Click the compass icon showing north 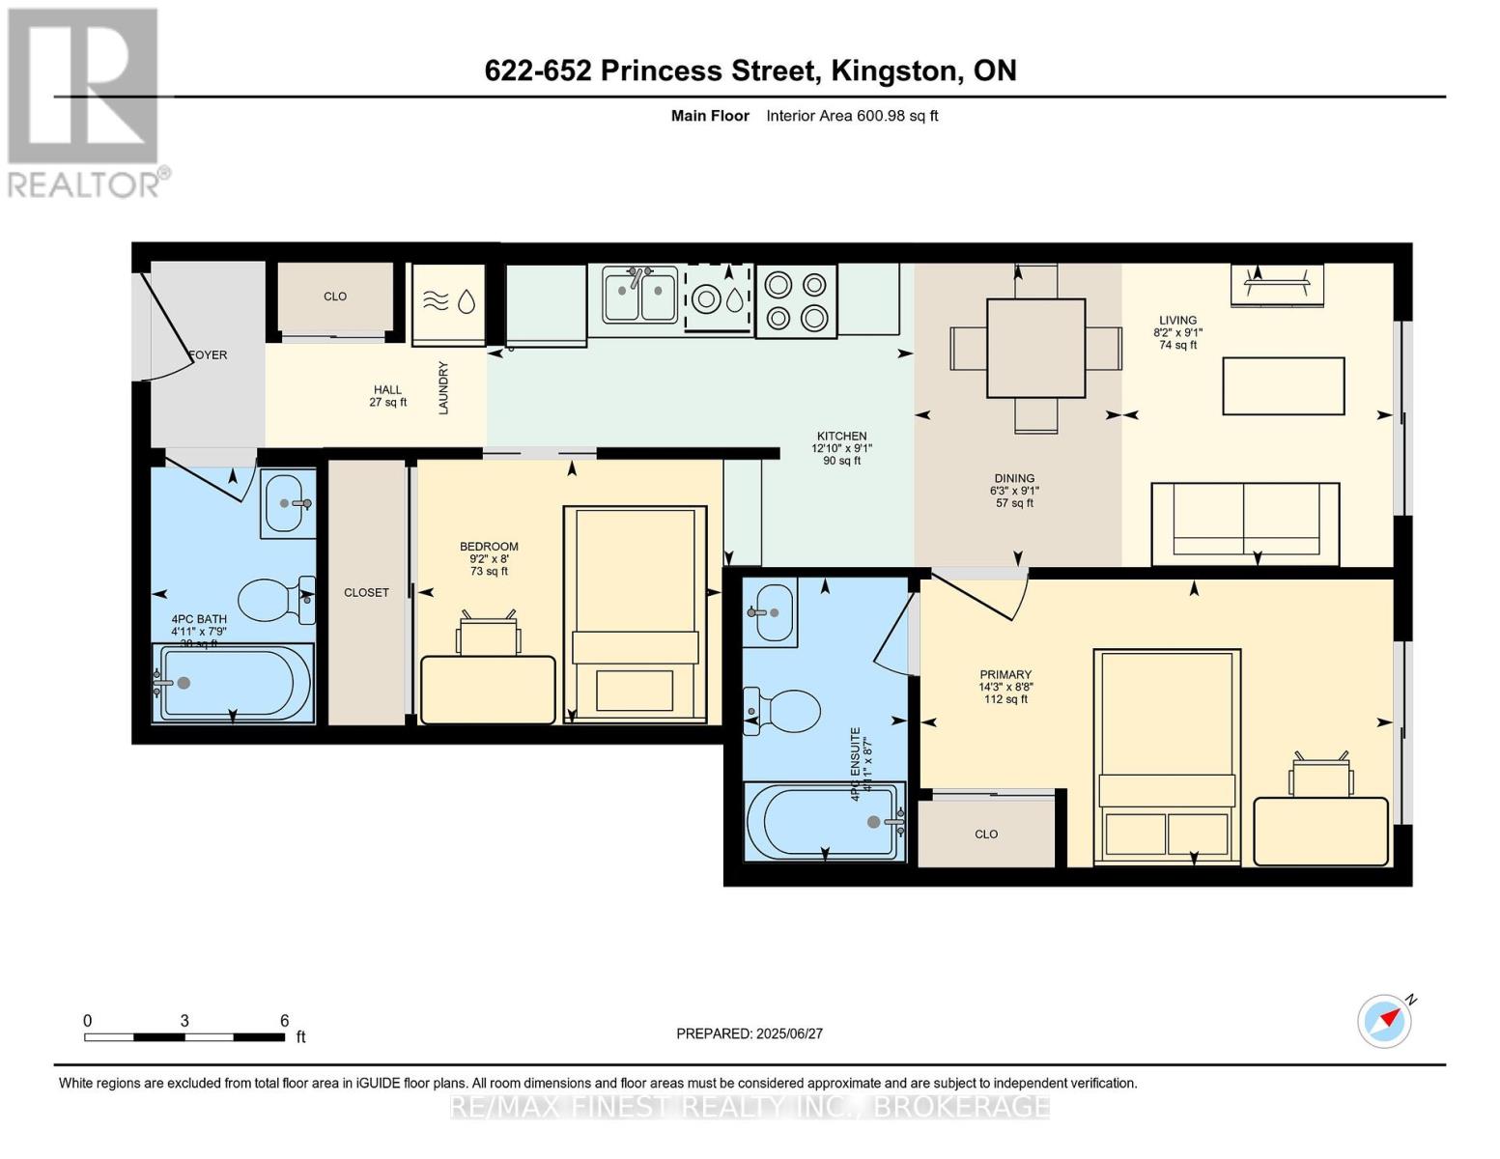pyautogui.click(x=1384, y=1021)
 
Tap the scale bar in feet pyautogui.click(x=184, y=1037)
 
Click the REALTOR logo pyautogui.click(x=84, y=102)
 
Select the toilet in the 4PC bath pyautogui.click(x=274, y=600)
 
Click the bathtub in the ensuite pyautogui.click(x=824, y=821)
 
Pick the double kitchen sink pyautogui.click(x=638, y=297)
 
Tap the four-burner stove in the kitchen pyautogui.click(x=796, y=300)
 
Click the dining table pyautogui.click(x=1035, y=348)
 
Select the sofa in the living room pyautogui.click(x=1244, y=523)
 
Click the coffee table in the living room pyautogui.click(x=1284, y=386)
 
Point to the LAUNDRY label pyautogui.click(x=444, y=388)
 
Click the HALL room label pyautogui.click(x=387, y=396)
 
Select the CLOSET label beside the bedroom pyautogui.click(x=366, y=593)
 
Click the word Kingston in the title pyautogui.click(x=893, y=71)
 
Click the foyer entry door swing pyautogui.click(x=174, y=328)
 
